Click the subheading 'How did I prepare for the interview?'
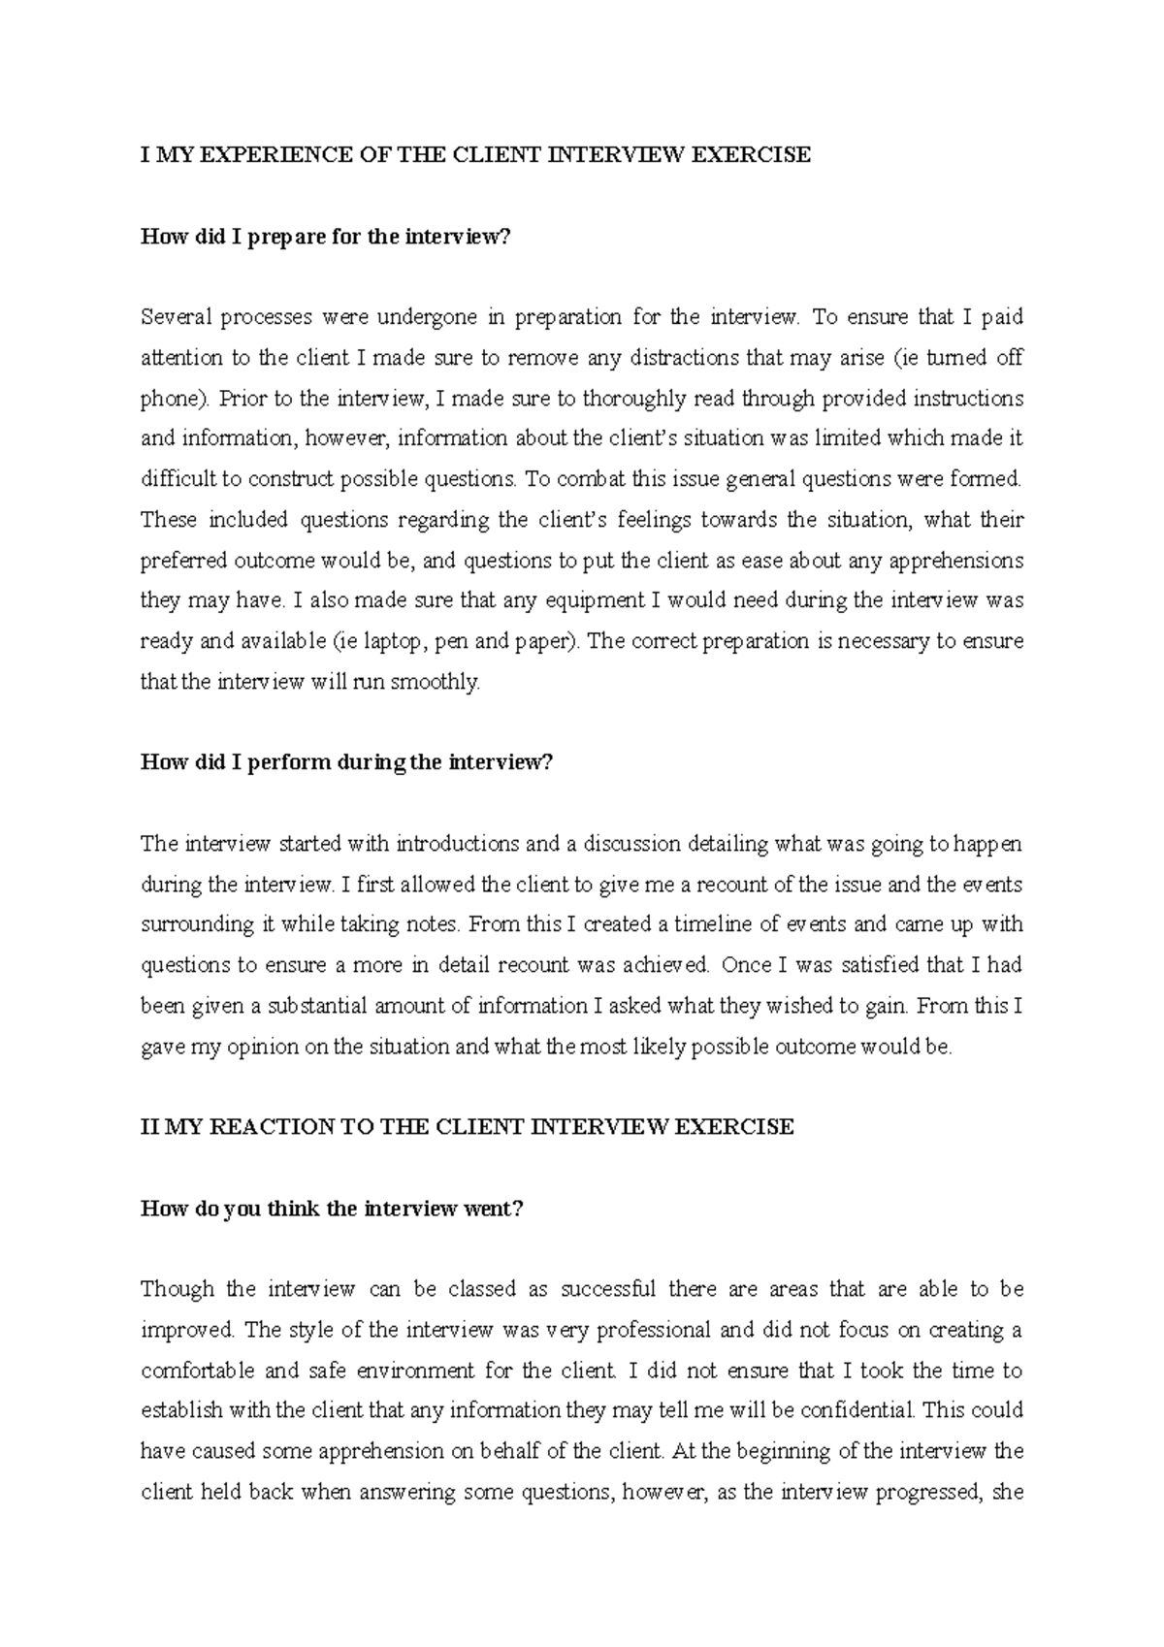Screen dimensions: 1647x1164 point(324,237)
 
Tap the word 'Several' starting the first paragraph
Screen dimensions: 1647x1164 point(176,317)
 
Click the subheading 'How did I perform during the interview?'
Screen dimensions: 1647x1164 point(345,762)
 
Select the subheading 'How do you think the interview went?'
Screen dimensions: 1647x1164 point(332,1210)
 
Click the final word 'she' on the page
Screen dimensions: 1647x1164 point(1009,1493)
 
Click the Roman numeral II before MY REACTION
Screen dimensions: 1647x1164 point(149,1127)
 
